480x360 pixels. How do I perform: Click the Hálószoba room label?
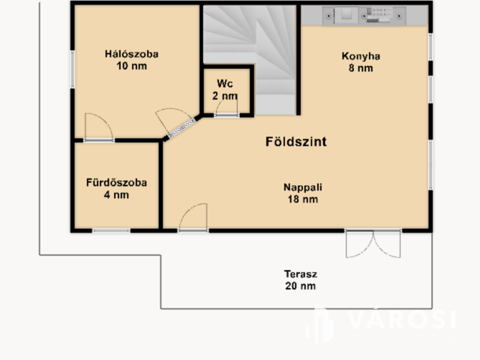coord(132,54)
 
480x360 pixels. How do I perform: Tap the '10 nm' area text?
coord(132,66)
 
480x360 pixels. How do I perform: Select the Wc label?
coord(225,83)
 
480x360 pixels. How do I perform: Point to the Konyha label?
coord(361,56)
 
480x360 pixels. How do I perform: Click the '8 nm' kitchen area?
coord(361,68)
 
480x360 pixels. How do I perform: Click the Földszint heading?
coord(296,142)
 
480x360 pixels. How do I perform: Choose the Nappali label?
coord(303,187)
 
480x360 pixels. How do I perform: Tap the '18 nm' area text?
coord(303,199)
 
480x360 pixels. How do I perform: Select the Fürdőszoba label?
coord(116,183)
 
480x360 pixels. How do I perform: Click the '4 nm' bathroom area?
coord(116,195)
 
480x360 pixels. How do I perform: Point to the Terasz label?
coord(301,274)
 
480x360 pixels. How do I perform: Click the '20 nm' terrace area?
coord(301,286)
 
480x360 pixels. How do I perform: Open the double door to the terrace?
coord(373,243)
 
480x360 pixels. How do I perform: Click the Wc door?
coord(226,109)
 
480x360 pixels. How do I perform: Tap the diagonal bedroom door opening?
coord(181,128)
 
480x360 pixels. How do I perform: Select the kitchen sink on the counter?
coord(346,15)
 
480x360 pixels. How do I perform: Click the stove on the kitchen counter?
coord(379,15)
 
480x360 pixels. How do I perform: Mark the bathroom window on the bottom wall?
coord(112,230)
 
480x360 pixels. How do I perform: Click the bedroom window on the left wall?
coord(73,70)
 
